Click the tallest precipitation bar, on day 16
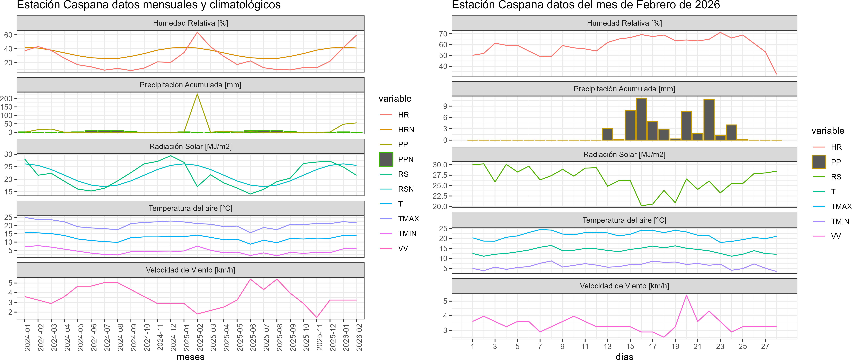click(641, 119)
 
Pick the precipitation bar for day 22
click(709, 120)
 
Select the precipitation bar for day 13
click(608, 134)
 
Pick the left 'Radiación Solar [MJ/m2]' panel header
click(190, 146)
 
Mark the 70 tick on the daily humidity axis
click(443, 34)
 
